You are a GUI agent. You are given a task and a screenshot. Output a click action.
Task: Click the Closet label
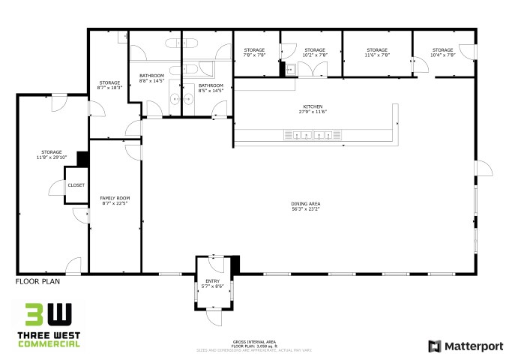tap(76, 184)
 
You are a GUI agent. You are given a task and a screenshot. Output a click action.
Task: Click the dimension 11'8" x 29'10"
tap(52, 158)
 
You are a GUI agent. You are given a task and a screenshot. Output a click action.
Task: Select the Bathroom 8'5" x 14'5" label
tap(211, 88)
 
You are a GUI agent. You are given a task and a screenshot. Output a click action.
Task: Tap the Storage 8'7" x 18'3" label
tap(109, 85)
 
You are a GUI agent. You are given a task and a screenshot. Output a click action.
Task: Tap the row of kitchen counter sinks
tap(310, 136)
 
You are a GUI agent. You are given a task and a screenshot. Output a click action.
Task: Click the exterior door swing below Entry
tap(214, 319)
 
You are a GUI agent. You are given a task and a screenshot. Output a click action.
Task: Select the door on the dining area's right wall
tap(483, 168)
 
